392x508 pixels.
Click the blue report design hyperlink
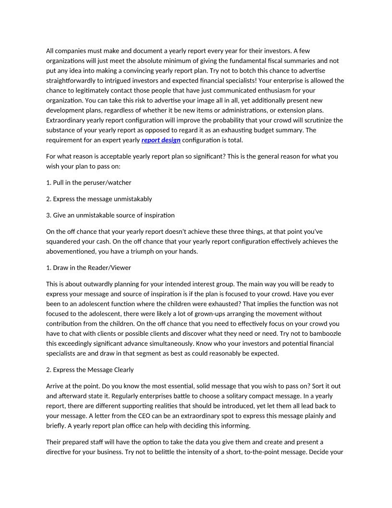coord(161,140)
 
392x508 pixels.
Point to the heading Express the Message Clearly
coord(90,369)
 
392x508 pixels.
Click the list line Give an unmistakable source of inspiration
coord(110,215)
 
